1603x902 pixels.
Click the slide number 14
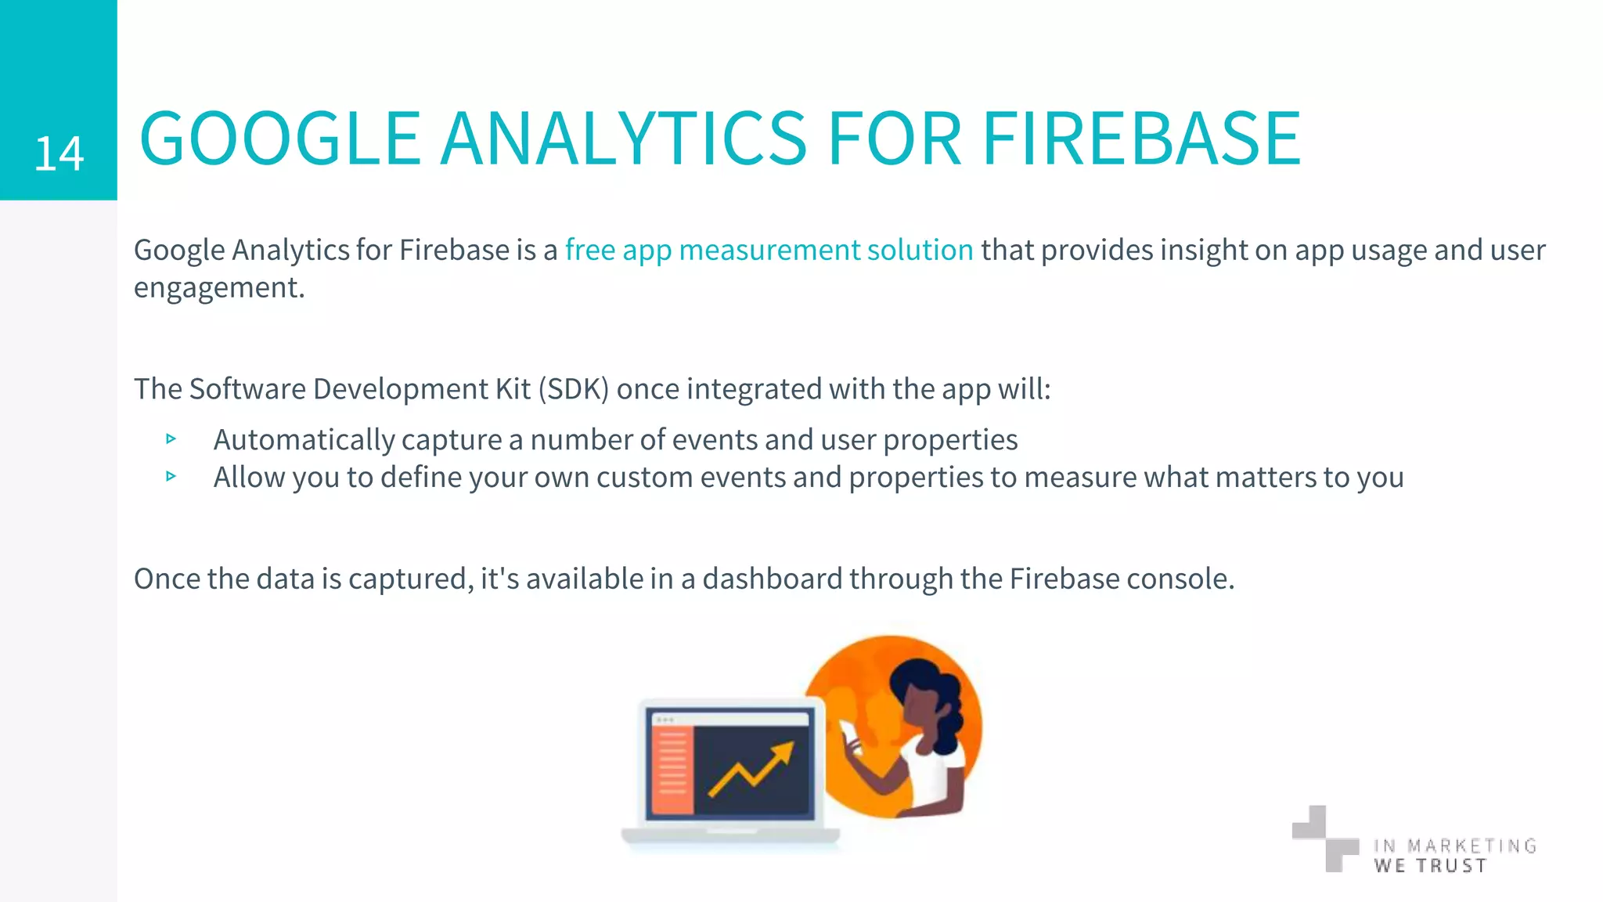59,153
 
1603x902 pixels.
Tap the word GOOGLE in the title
280,139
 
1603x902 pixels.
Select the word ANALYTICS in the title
623,139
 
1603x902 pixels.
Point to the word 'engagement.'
219,288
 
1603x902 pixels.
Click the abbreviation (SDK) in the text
573,389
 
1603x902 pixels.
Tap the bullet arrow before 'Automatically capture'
171,439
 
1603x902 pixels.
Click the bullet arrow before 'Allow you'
171,476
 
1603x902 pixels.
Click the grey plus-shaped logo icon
1324,838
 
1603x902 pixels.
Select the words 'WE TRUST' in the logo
1429,866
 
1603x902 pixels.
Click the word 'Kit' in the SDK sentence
513,389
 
